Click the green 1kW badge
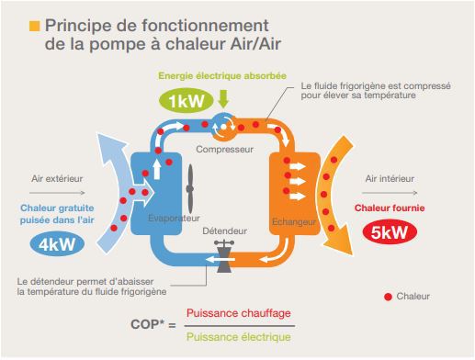186,101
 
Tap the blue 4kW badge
57,244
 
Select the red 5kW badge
390,232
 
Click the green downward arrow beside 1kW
223,98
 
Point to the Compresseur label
224,150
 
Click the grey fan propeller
190,189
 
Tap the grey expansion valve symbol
224,256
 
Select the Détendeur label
224,231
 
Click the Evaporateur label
174,219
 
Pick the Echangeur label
294,221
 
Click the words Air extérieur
57,178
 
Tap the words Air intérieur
390,178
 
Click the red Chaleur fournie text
390,208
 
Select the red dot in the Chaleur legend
388,297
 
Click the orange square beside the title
35,26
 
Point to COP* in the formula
145,324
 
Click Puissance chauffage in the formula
239,313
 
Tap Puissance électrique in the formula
239,337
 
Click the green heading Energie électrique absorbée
222,76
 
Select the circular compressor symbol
224,127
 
